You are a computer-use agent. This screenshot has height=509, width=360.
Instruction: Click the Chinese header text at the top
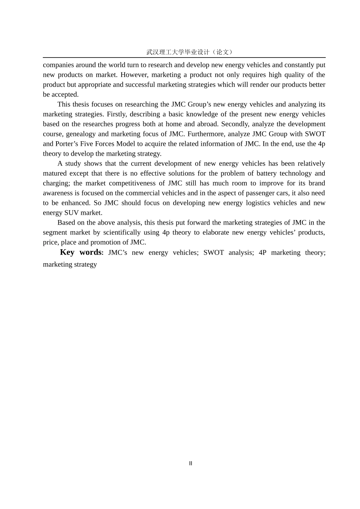pyautogui.click(x=190, y=52)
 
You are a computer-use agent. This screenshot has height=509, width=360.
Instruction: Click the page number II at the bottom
pyautogui.click(x=191, y=463)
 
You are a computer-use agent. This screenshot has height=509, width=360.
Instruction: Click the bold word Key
pyautogui.click(x=67, y=252)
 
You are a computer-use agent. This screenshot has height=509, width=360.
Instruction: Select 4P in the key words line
pyautogui.click(x=263, y=253)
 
